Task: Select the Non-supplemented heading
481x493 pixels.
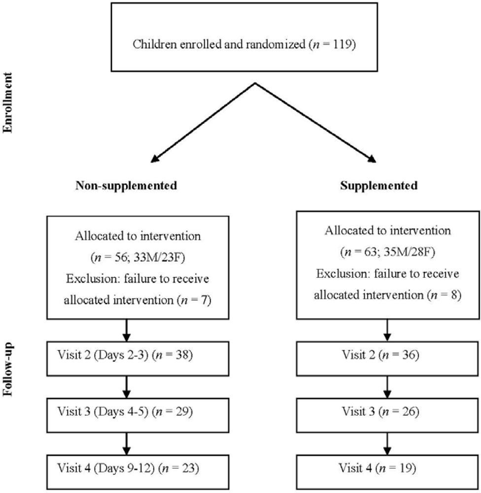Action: tap(126, 186)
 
